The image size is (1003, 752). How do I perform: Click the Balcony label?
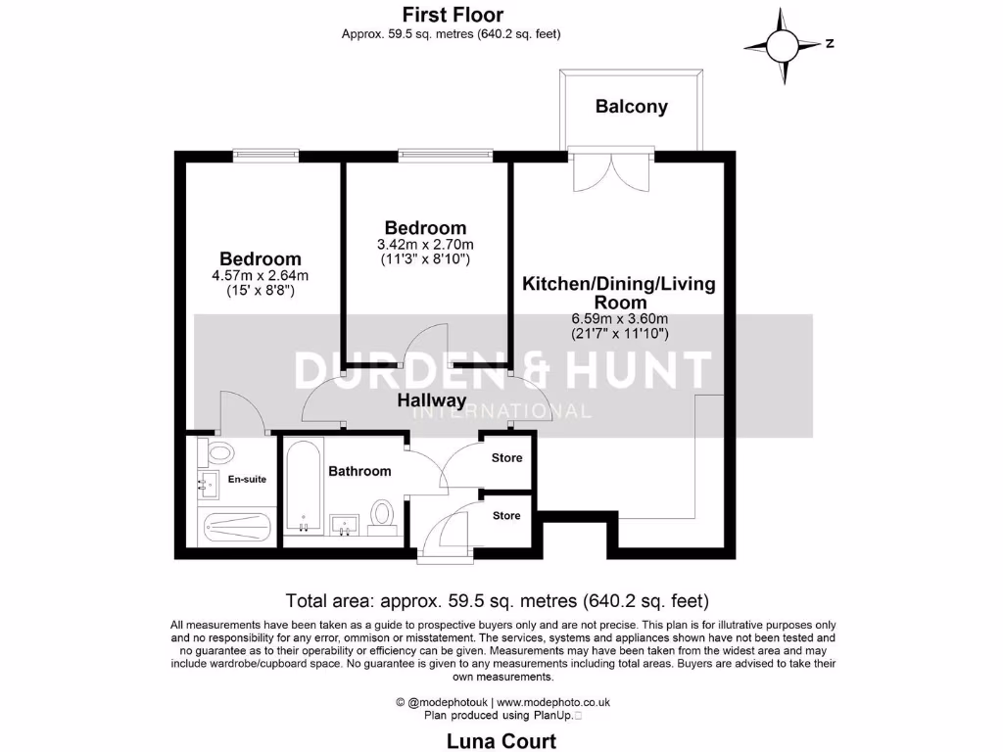(x=631, y=107)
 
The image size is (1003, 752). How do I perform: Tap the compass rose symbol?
(x=783, y=45)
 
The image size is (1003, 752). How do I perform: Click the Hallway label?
(x=431, y=400)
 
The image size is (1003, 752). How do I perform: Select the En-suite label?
(x=247, y=479)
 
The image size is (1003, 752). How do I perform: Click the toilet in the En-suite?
(x=218, y=453)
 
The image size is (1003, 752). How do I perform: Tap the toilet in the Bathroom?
(x=382, y=513)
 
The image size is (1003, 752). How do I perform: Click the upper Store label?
(x=506, y=458)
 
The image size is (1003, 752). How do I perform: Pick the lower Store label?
(x=506, y=516)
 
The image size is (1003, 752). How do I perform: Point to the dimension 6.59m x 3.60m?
(x=620, y=318)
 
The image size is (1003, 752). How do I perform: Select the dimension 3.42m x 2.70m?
(x=425, y=245)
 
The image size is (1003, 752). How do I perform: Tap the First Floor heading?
(x=453, y=15)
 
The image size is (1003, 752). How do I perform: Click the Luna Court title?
(x=501, y=740)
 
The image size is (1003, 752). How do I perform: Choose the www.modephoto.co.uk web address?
(x=560, y=702)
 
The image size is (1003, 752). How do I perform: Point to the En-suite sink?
(x=209, y=482)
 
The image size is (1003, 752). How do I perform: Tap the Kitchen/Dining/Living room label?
(x=619, y=292)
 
